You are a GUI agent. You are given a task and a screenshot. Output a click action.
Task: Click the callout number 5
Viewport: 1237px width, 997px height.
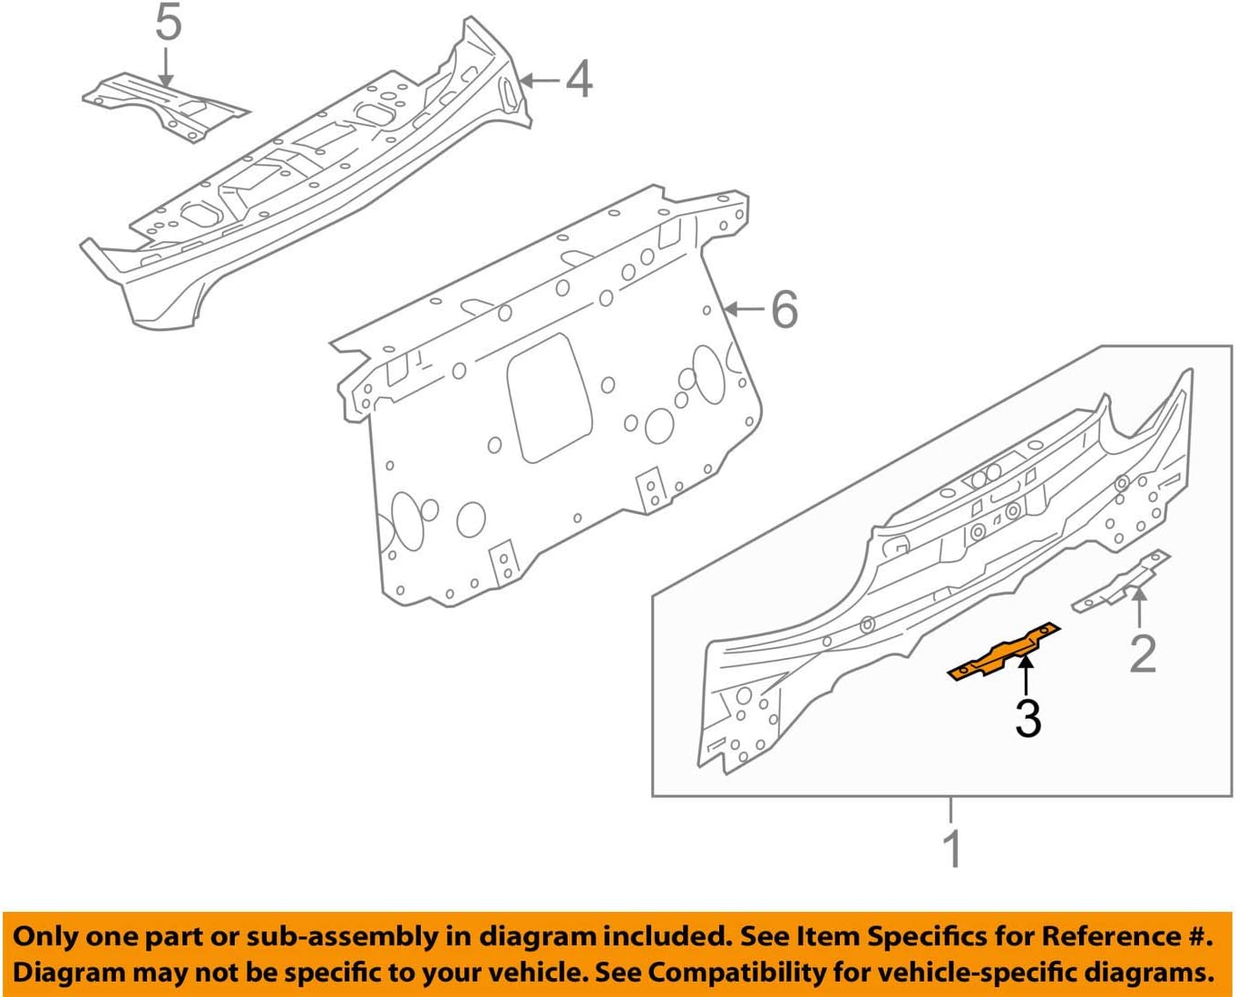coord(168,23)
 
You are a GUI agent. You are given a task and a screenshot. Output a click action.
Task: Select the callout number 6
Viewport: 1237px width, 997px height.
coord(784,310)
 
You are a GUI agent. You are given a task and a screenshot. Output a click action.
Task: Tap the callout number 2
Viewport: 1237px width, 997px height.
coord(1143,653)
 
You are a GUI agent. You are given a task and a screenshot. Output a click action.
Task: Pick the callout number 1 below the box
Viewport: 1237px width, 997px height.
coord(951,848)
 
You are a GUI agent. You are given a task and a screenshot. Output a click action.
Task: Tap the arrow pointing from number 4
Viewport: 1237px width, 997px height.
coord(541,80)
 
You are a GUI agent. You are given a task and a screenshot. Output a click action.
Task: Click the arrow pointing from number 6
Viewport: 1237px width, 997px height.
coord(745,310)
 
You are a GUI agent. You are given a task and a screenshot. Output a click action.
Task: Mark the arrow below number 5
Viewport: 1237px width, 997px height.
coord(166,68)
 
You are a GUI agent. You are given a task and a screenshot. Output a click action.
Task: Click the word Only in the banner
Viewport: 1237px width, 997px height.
coord(47,936)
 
